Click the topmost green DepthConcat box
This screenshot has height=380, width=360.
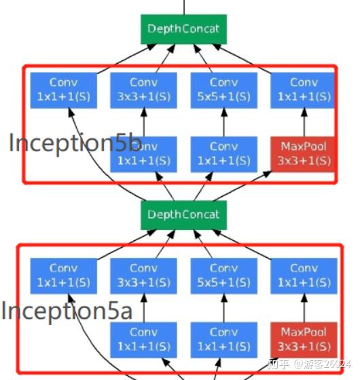coord(183,30)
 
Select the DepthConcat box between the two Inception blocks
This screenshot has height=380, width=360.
coord(183,214)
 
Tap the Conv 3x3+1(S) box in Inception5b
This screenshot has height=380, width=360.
coord(143,90)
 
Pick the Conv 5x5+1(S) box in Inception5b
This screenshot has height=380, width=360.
coord(223,90)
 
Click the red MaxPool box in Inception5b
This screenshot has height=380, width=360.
coord(304,153)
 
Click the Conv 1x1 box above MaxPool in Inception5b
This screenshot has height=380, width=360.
coord(304,90)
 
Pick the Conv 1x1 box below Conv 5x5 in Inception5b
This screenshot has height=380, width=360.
coord(223,153)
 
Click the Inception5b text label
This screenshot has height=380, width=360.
coord(75,142)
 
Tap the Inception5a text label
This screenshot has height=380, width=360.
coord(67,311)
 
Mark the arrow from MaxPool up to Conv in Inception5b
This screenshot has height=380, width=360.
coord(304,122)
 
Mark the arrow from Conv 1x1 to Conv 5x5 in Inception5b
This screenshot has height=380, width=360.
coord(223,122)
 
